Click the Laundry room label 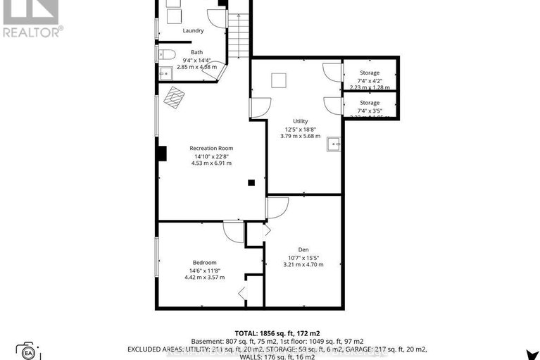click(x=193, y=30)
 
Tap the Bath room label click(x=196, y=52)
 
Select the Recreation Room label click(x=211, y=148)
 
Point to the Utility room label click(x=301, y=121)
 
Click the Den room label click(x=303, y=249)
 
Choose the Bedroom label click(x=204, y=262)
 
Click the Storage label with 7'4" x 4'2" click(x=370, y=73)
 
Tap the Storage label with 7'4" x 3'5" click(x=370, y=103)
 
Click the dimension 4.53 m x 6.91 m click(x=211, y=163)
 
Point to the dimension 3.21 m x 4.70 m click(x=303, y=264)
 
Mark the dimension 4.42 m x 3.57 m click(x=204, y=277)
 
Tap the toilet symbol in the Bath click(x=166, y=54)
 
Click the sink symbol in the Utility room click(x=334, y=144)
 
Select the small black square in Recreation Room click(x=251, y=183)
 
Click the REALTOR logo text click(x=32, y=31)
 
